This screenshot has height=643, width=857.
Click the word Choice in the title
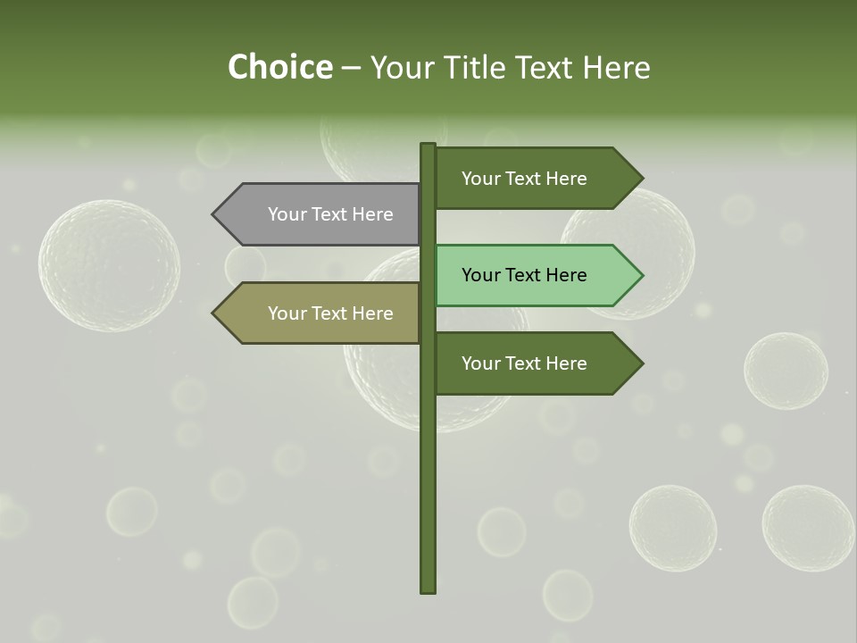[279, 68]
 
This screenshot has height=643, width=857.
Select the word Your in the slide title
[402, 68]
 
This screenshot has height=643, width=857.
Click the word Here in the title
[617, 68]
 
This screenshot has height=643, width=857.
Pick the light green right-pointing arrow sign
[531, 275]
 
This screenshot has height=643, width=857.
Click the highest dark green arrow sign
[531, 179]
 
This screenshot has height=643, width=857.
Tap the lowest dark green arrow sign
[531, 363]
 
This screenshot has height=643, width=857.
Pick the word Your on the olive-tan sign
[287, 313]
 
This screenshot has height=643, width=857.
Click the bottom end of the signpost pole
[428, 589]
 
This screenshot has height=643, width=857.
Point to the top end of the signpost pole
[428, 146]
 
